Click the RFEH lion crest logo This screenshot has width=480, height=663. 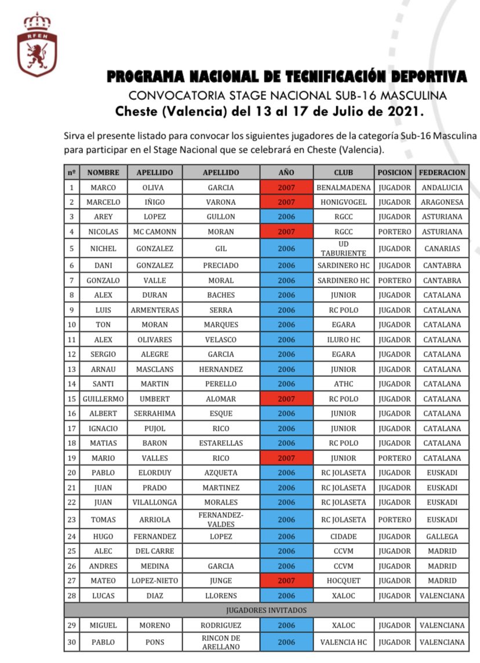click(x=37, y=45)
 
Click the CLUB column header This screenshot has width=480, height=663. click(x=343, y=172)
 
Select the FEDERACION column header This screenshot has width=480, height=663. click(x=442, y=172)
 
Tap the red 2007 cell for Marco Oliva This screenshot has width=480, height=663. click(x=286, y=188)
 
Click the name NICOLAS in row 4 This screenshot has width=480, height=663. click(x=103, y=232)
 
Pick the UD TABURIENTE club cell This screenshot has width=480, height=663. click(x=343, y=248)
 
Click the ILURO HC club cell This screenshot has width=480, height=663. click(x=343, y=340)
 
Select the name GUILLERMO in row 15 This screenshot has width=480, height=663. click(x=103, y=399)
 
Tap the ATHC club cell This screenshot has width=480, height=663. click(x=343, y=384)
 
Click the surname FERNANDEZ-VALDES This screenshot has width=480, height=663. click(x=220, y=520)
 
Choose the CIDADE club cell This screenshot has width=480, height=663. click(x=343, y=536)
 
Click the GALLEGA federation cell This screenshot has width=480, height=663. click(x=442, y=536)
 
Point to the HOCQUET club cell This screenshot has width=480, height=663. click(x=343, y=581)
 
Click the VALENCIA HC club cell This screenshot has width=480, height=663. click(x=343, y=642)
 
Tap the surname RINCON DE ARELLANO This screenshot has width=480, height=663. click(x=220, y=642)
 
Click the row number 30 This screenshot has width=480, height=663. click(x=71, y=642)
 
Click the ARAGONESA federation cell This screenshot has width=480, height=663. click(x=442, y=202)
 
